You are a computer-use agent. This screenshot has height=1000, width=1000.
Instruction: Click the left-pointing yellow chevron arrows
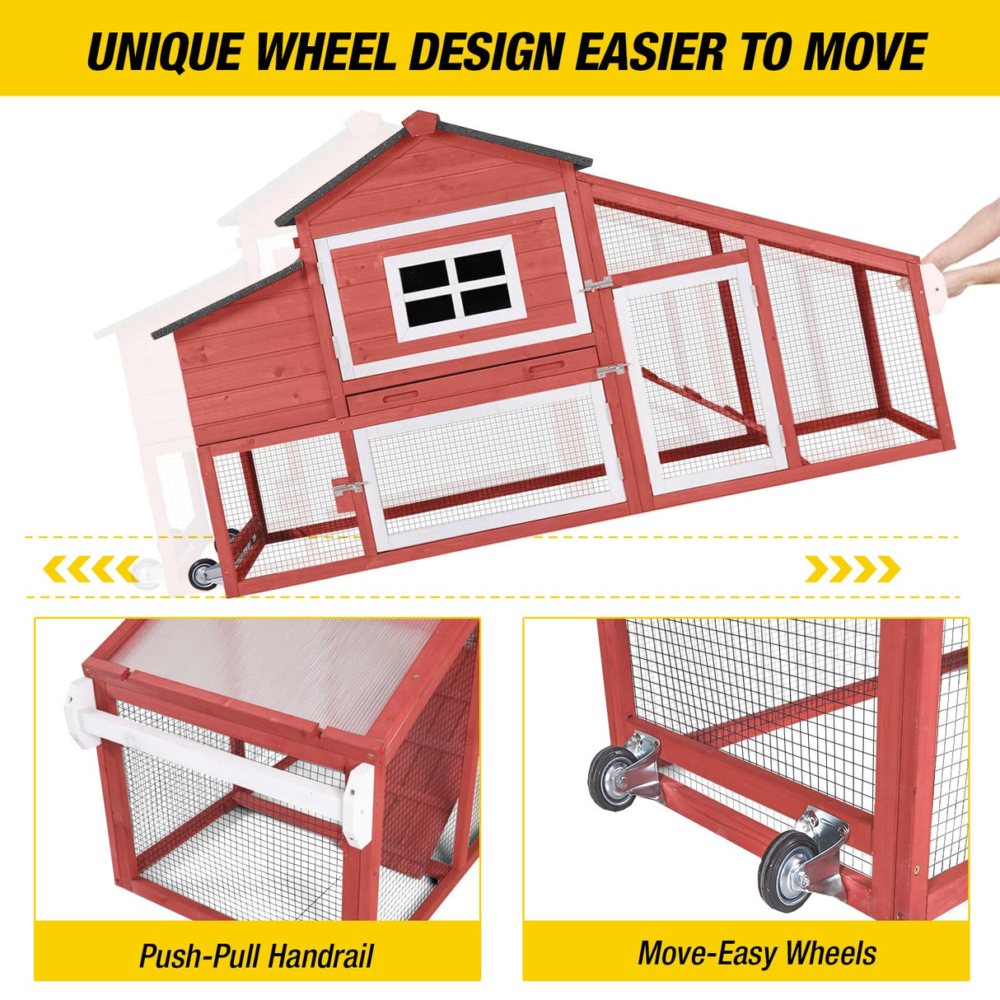(x=91, y=568)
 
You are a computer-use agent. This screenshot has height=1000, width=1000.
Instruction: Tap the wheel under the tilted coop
(x=203, y=574)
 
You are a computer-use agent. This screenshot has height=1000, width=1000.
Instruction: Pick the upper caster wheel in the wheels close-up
(x=614, y=777)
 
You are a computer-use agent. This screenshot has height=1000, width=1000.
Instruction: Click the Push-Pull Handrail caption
(x=256, y=956)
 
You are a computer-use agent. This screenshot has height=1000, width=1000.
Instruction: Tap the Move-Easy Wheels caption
(x=756, y=953)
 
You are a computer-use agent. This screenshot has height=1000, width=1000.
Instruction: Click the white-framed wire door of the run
(x=700, y=379)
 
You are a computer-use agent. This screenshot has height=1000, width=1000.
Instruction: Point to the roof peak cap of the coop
(x=421, y=124)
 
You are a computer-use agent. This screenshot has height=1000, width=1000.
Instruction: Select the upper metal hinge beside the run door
(x=596, y=284)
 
